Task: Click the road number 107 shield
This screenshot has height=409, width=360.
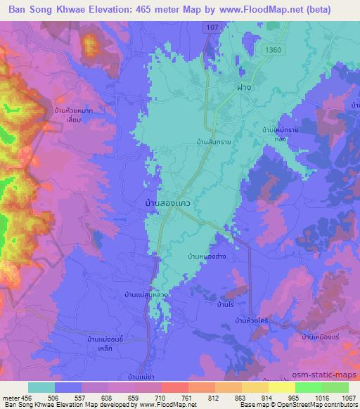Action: (212, 26)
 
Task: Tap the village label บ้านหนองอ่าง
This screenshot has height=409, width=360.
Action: (207, 257)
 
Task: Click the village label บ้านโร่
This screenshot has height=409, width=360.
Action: (226, 305)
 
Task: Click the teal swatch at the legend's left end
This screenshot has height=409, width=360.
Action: (41, 387)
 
